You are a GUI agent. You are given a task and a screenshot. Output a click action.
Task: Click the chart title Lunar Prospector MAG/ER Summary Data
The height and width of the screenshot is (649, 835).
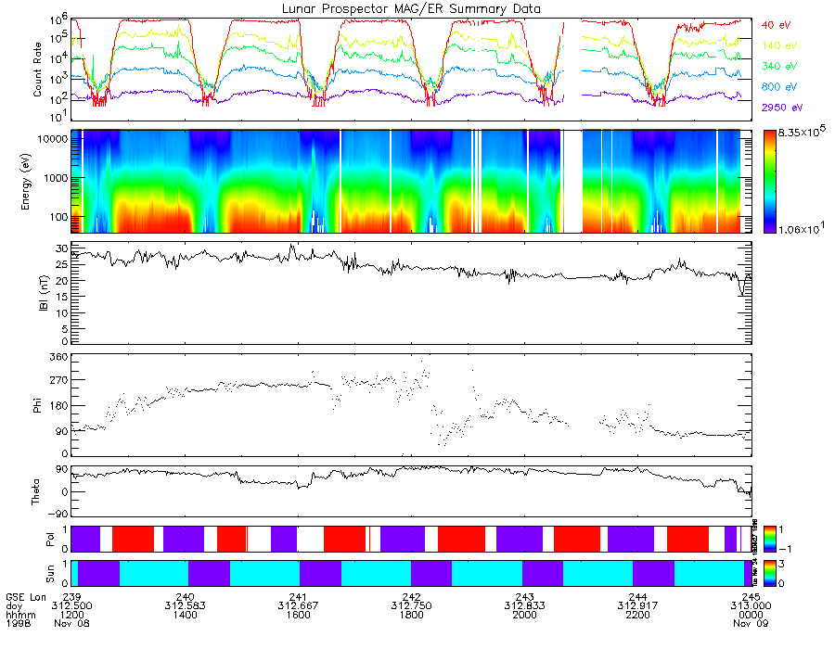411,8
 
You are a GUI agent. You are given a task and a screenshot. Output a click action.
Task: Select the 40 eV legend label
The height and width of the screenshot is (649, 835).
776,24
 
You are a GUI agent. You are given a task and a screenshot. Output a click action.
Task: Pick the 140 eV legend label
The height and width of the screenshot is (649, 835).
778,45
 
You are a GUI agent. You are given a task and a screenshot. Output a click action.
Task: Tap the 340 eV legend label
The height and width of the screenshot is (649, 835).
778,67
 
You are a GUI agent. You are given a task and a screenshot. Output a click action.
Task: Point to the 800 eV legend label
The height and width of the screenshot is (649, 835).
778,87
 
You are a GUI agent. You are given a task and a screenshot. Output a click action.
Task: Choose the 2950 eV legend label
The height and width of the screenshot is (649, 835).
780,108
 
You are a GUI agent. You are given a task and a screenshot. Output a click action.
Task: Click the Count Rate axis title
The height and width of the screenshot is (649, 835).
38,69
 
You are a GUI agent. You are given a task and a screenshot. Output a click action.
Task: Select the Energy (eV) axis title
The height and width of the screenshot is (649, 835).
38,182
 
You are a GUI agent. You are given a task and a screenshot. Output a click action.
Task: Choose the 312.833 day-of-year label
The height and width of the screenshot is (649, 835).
525,605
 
